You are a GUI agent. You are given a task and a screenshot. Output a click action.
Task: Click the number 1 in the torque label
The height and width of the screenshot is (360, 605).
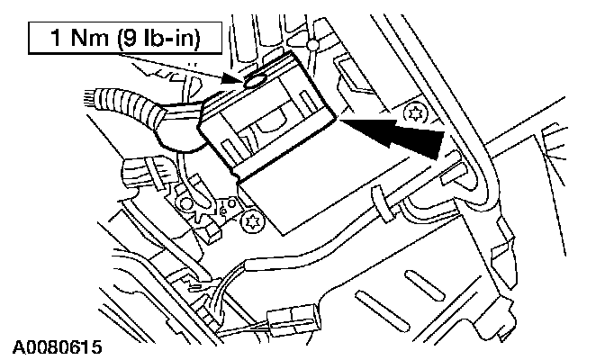pyautogui.click(x=56, y=38)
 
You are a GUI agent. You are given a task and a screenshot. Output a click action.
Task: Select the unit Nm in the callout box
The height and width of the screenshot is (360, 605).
pyautogui.click(x=88, y=38)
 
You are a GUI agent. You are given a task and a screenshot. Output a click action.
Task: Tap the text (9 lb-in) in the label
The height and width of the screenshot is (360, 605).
pyautogui.click(x=159, y=39)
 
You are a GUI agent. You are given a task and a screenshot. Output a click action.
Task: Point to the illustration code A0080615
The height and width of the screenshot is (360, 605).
pyautogui.click(x=57, y=347)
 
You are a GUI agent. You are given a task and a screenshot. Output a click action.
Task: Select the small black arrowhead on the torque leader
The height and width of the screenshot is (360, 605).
pyautogui.click(x=232, y=79)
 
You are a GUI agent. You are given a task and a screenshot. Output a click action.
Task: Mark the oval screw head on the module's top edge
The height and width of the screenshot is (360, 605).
pyautogui.click(x=255, y=80)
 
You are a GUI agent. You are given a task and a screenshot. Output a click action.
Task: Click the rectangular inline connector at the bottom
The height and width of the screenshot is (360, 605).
pyautogui.click(x=294, y=319)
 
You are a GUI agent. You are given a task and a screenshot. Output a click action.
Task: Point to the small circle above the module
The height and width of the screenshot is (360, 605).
pyautogui.click(x=313, y=46)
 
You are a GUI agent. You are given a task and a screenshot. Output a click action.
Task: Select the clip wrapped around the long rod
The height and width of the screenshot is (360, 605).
pyautogui.click(x=382, y=204)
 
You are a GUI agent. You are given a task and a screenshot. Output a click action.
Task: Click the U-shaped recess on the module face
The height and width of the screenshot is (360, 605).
pyautogui.click(x=270, y=120)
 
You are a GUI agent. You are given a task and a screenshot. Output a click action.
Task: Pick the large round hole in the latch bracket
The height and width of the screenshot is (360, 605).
pyautogui.click(x=186, y=203)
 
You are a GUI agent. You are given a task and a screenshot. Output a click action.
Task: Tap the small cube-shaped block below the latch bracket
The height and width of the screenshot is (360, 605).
pyautogui.click(x=212, y=233)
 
